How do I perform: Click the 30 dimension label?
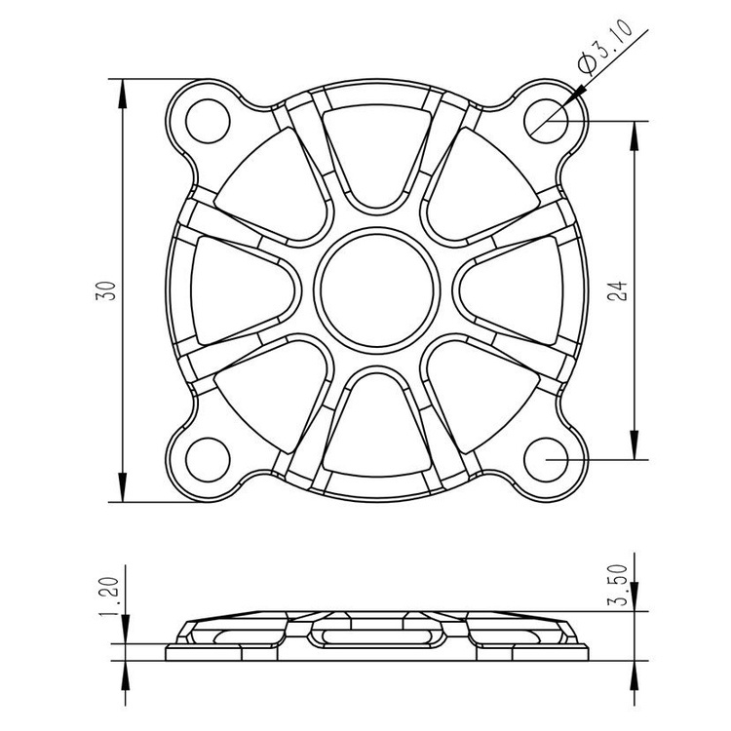coord(106,290)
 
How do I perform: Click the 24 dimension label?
coord(619,290)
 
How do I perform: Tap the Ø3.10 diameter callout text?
coord(605,46)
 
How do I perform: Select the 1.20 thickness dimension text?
coord(110,597)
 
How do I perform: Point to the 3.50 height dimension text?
coord(619,585)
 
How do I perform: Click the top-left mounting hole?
coord(208,121)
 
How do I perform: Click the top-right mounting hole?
coord(546,121)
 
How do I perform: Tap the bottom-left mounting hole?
coord(208,460)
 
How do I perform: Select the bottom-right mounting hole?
coord(546,460)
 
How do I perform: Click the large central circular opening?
coord(377,290)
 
